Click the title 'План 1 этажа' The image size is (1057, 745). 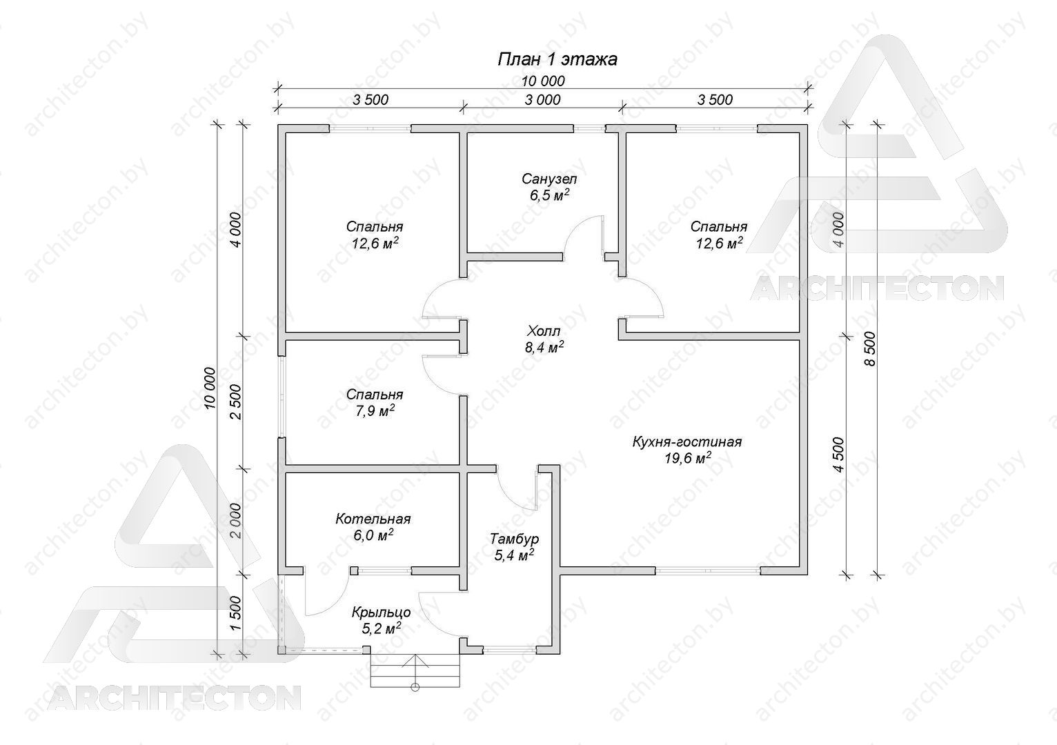coord(557,59)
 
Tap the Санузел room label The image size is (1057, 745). coord(549,179)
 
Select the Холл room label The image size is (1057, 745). coord(544,329)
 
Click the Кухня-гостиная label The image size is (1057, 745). coord(687,442)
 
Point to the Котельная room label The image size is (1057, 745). coord(373,519)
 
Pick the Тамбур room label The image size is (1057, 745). coord(514,539)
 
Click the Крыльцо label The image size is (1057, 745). coord(382,613)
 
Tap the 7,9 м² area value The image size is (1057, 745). coord(375,411)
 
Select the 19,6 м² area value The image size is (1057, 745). coord(688,458)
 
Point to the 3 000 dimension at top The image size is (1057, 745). coord(543,100)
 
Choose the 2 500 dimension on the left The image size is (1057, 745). coord(236,401)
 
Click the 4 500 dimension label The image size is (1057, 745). coord(838,455)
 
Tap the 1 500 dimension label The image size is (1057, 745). coord(236,613)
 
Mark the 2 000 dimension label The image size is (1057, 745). coord(236,521)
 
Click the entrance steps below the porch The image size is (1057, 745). coord(415,670)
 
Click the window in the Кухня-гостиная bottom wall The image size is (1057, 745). coord(708,570)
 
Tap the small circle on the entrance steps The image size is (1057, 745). coord(415,688)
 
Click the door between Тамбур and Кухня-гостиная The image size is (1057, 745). coord(520,493)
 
